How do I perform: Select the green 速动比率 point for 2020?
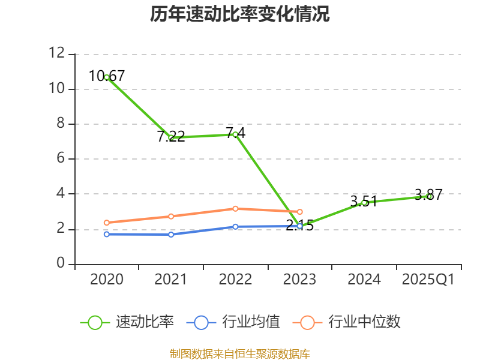click(107, 77)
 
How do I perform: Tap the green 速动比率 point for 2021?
click(171, 137)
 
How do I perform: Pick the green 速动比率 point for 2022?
click(235, 134)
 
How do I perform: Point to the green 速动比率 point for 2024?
click(364, 203)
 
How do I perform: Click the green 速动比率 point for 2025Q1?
click(428, 196)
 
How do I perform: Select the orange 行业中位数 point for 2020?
click(107, 223)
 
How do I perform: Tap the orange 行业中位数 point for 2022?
click(235, 209)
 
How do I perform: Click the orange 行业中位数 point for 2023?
click(300, 212)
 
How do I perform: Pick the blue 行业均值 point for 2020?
click(107, 234)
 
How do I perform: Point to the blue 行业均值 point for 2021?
click(171, 235)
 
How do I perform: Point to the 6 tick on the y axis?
click(60, 159)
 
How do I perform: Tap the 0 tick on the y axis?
click(60, 264)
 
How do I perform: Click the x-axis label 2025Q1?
click(428, 280)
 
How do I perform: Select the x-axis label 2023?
click(300, 280)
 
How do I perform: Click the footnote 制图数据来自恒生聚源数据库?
click(239, 353)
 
